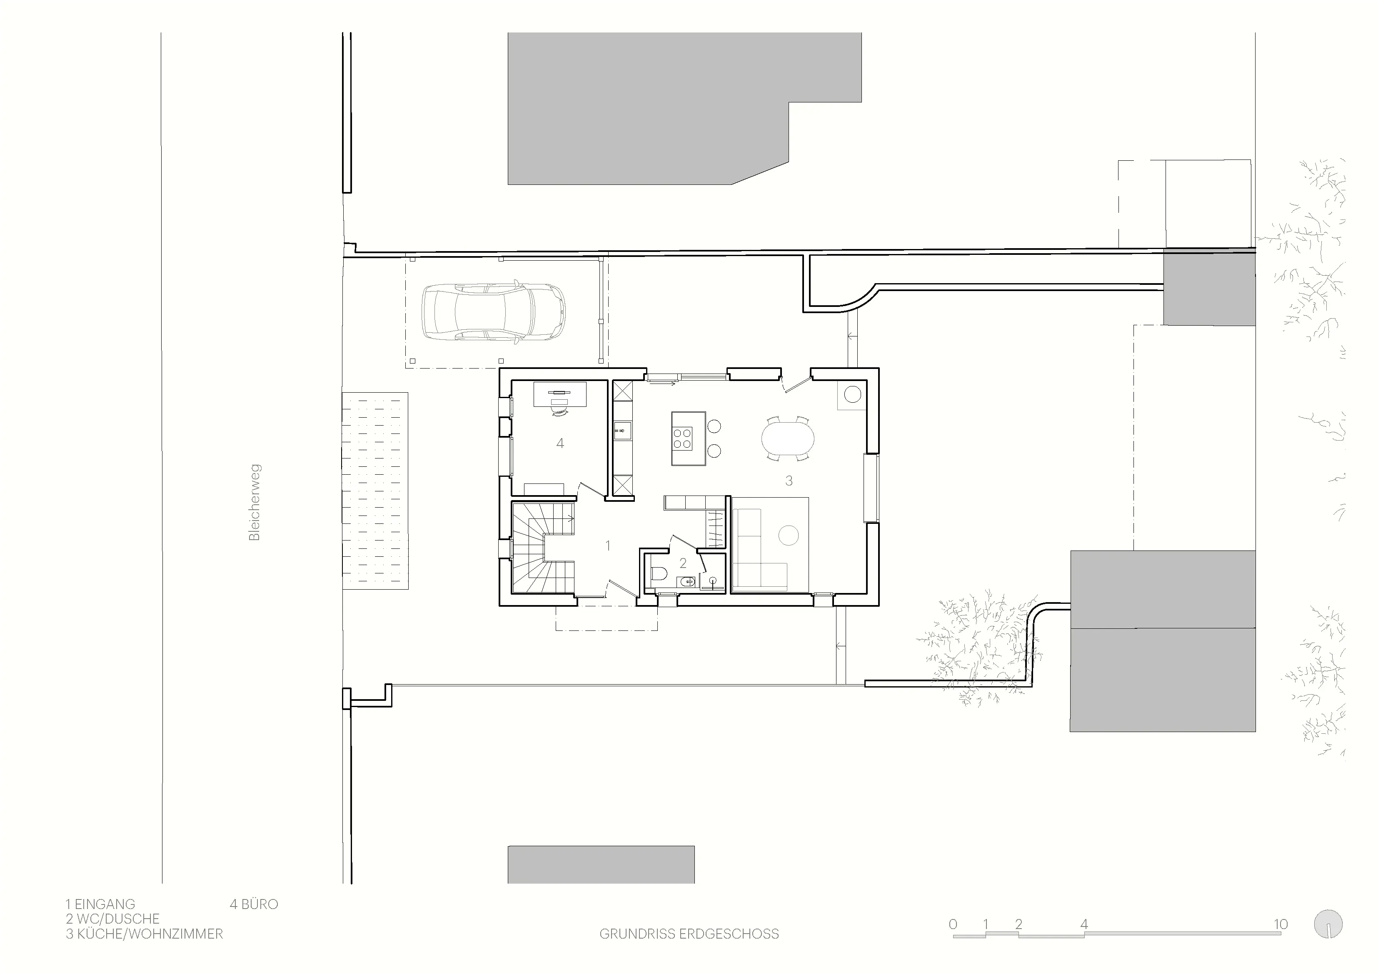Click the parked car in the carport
(493, 313)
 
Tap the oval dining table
(788, 438)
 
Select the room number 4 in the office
(560, 443)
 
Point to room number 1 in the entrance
(608, 546)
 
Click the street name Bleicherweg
(255, 502)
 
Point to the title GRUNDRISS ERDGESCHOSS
(689, 934)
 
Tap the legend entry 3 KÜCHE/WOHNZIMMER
(145, 934)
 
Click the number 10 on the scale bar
(1281, 924)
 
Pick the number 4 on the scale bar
(1084, 924)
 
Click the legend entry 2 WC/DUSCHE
(113, 919)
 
